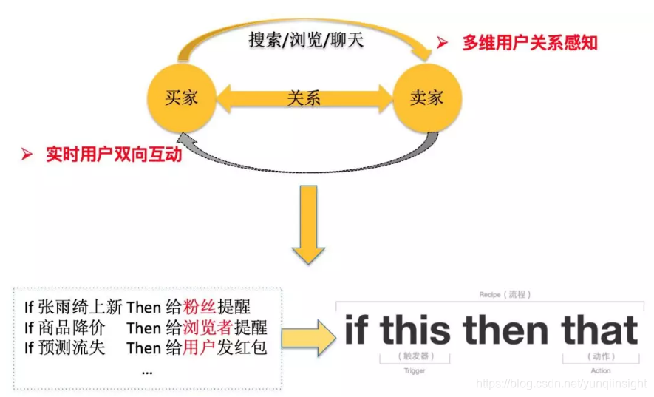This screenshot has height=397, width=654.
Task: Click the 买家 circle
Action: (181, 97)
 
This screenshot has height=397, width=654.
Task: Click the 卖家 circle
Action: (426, 97)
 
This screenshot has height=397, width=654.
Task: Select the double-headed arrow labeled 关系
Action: (304, 98)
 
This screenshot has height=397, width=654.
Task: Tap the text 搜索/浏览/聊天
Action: (306, 40)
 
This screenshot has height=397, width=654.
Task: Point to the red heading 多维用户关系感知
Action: (529, 43)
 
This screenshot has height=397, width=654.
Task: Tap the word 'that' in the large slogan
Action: (599, 330)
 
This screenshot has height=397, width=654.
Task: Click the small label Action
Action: (601, 370)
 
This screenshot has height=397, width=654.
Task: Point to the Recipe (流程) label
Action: (505, 294)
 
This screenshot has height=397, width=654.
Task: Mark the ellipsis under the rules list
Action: (146, 370)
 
